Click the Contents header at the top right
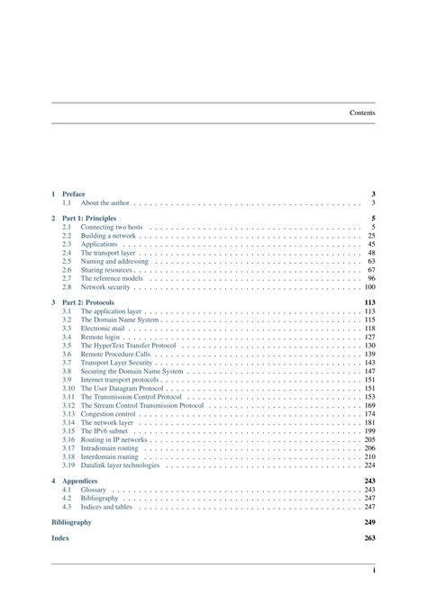362,112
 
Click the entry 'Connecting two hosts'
112,228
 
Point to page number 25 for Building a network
371,236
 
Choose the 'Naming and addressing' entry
114,261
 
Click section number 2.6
67,270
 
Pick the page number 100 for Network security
369,287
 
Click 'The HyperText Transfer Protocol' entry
128,346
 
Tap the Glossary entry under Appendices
94,490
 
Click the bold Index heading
60,538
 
